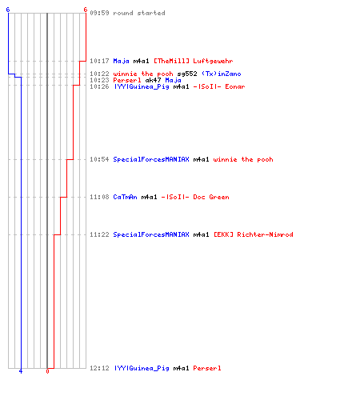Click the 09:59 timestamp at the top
click(x=99, y=13)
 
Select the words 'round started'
click(x=139, y=13)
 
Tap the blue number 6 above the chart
click(x=8, y=10)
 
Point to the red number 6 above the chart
click(x=86, y=10)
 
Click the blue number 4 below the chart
click(x=21, y=371)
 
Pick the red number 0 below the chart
click(x=47, y=371)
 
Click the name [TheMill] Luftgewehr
click(x=194, y=61)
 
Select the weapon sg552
click(x=187, y=74)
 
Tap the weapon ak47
click(x=153, y=80)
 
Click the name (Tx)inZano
click(x=222, y=74)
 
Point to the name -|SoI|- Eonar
click(x=219, y=86)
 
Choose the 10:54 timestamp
click(x=99, y=159)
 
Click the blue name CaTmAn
click(x=125, y=197)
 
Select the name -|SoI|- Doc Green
click(x=195, y=197)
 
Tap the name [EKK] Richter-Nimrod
click(x=254, y=234)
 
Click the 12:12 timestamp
click(x=99, y=368)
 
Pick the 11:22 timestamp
click(x=99, y=234)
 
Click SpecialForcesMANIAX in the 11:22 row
click(x=151, y=234)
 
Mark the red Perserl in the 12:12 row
click(x=207, y=368)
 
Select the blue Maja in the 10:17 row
click(x=121, y=61)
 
